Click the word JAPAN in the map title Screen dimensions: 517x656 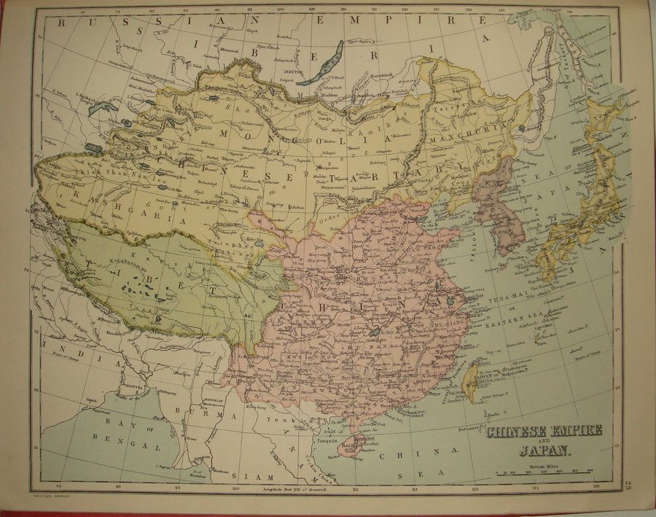pyautogui.click(x=538, y=450)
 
